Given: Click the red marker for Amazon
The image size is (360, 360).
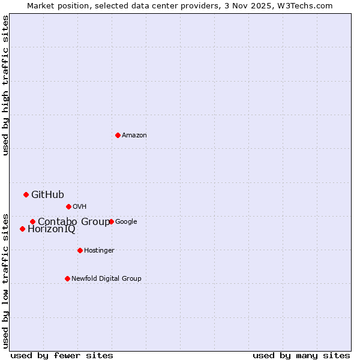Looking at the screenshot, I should pyautogui.click(x=118, y=135).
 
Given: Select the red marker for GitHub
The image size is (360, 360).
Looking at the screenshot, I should pyautogui.click(x=26, y=194).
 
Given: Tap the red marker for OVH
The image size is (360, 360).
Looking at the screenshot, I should pyautogui.click(x=68, y=206).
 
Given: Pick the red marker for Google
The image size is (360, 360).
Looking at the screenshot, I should pyautogui.click(x=111, y=221).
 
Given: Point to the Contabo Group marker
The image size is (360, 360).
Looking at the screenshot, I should pyautogui.click(x=32, y=221).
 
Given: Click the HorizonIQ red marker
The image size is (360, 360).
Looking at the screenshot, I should pyautogui.click(x=22, y=229).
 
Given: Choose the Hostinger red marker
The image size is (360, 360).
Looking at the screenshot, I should pyautogui.click(x=80, y=250).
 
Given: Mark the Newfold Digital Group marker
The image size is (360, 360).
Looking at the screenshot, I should pyautogui.click(x=67, y=278).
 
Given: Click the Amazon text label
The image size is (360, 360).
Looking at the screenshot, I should pyautogui.click(x=134, y=136).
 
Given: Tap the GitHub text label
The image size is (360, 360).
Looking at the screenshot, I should pyautogui.click(x=47, y=194).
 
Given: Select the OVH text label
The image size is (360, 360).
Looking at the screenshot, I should pyautogui.click(x=80, y=207).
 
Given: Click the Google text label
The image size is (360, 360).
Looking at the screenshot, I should pyautogui.click(x=126, y=222).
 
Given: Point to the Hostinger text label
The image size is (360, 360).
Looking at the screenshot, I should pyautogui.click(x=99, y=251).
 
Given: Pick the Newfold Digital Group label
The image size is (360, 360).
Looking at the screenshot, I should pyautogui.click(x=106, y=279).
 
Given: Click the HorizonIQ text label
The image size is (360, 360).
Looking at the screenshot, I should pyautogui.click(x=52, y=229).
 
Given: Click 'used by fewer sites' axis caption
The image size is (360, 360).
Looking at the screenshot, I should pyautogui.click(x=62, y=355).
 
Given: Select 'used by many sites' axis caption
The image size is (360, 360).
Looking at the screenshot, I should pyautogui.click(x=301, y=355).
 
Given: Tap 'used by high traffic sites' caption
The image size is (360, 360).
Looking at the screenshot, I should pyautogui.click(x=5, y=85).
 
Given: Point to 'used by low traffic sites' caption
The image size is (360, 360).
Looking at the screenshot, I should pyautogui.click(x=5, y=280).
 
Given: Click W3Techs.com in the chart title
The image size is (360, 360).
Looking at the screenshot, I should pyautogui.click(x=308, y=5).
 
